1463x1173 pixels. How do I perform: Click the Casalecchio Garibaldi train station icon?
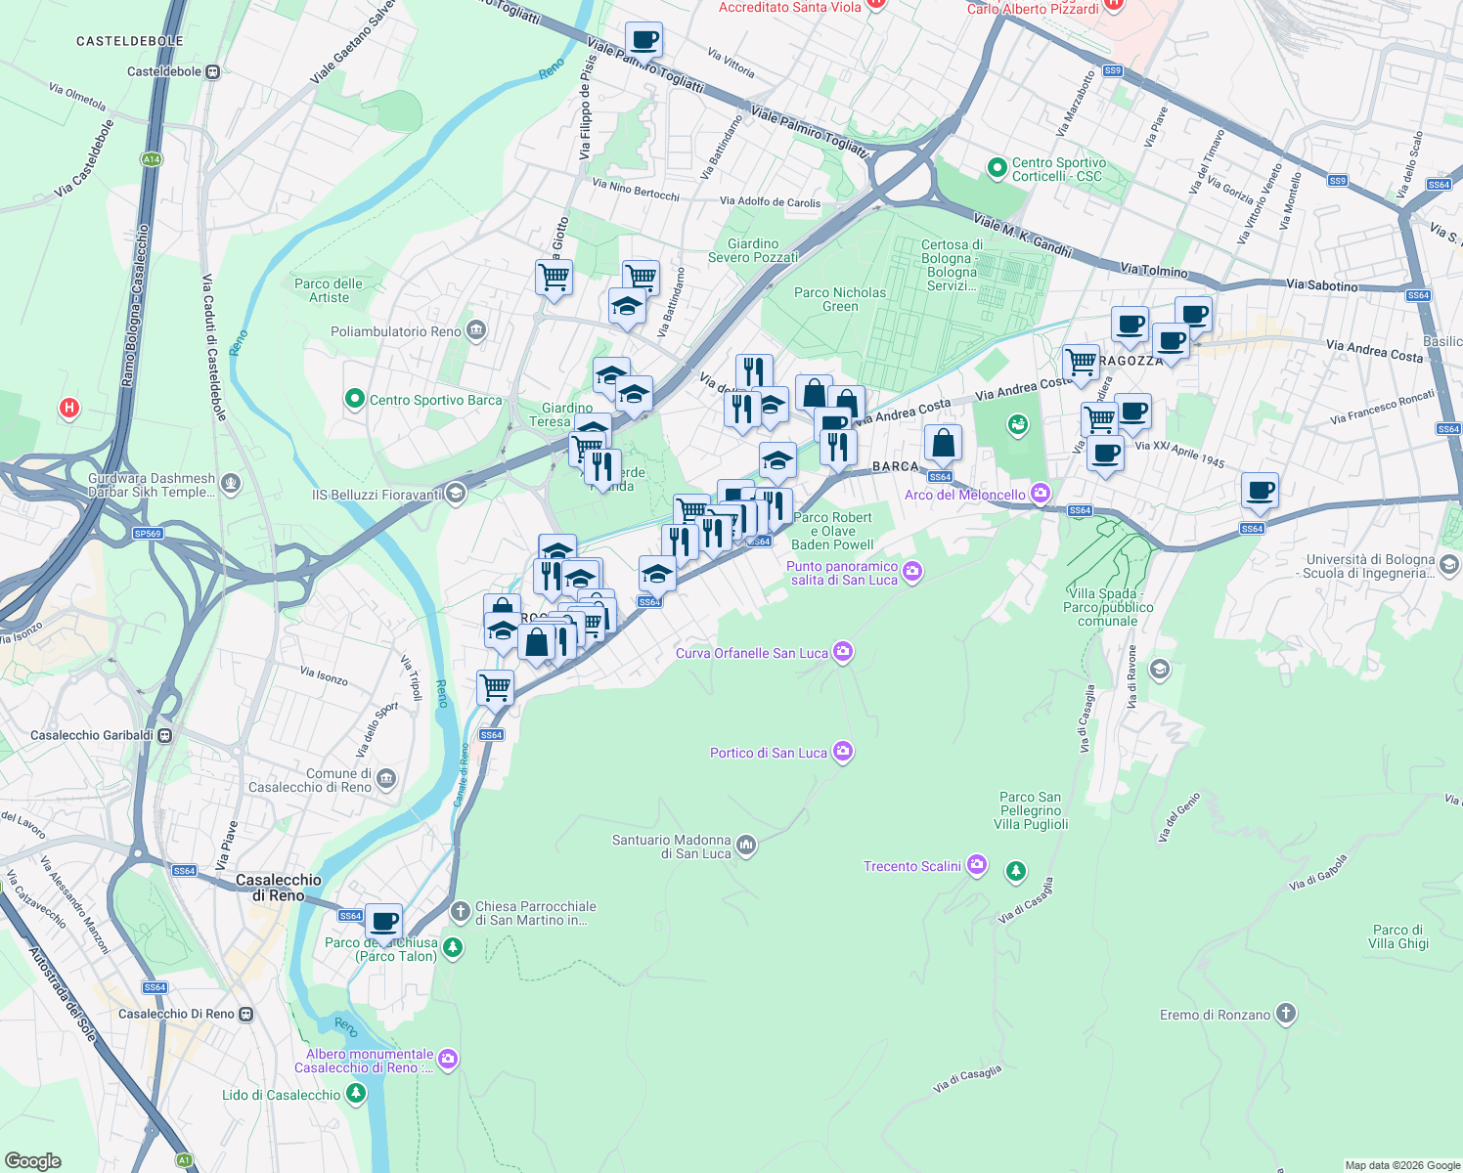(165, 735)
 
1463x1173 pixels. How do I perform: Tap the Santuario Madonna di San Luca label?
(672, 847)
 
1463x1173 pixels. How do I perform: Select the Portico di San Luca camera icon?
(843, 752)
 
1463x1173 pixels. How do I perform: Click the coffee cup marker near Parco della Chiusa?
(384, 921)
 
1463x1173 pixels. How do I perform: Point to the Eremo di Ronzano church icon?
(1286, 1014)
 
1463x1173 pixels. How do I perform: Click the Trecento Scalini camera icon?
(976, 865)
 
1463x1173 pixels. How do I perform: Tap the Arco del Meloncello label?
(964, 495)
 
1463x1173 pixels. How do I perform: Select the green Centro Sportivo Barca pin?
(355, 399)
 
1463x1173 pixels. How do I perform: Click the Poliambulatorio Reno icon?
(476, 330)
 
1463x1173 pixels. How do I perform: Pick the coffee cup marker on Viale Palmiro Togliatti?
(643, 41)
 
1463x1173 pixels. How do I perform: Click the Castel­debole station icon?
(212, 71)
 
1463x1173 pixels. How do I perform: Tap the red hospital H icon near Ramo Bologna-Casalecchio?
(68, 408)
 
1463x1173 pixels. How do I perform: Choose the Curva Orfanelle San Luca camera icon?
(843, 652)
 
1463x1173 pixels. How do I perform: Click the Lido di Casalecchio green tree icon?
(355, 1094)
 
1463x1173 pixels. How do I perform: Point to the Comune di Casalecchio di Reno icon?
(386, 779)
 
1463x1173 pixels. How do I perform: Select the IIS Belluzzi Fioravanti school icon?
(455, 494)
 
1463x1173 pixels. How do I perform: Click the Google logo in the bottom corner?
(33, 1160)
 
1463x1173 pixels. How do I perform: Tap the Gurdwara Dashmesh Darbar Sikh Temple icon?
(231, 482)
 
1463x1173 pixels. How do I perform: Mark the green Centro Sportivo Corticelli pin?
(997, 168)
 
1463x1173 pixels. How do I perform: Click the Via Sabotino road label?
(1321, 284)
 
